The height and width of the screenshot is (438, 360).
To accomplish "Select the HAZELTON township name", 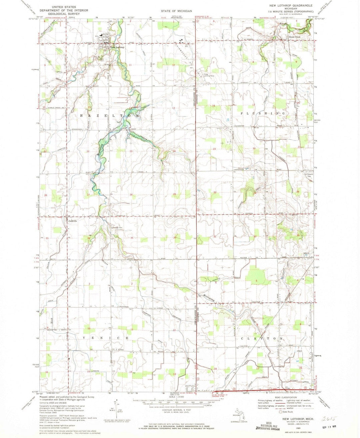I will pyautogui.click(x=109, y=115).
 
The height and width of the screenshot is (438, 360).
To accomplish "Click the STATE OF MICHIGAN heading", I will pyautogui.click(x=176, y=11).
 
